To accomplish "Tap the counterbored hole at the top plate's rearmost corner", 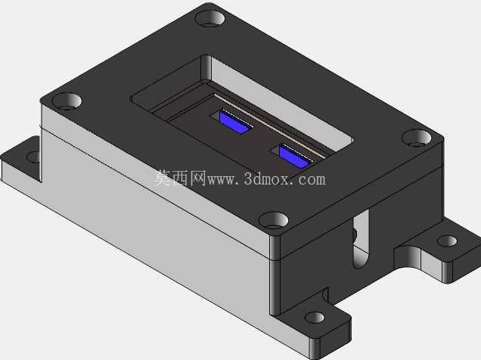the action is (210, 18).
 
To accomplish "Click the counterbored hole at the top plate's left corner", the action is (67, 101).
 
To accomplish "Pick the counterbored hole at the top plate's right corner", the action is (417, 138).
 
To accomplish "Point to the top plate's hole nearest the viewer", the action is (273, 220).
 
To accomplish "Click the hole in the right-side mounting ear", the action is (447, 241).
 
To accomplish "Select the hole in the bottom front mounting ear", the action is (315, 318).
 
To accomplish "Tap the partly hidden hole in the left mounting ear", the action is (34, 157).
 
